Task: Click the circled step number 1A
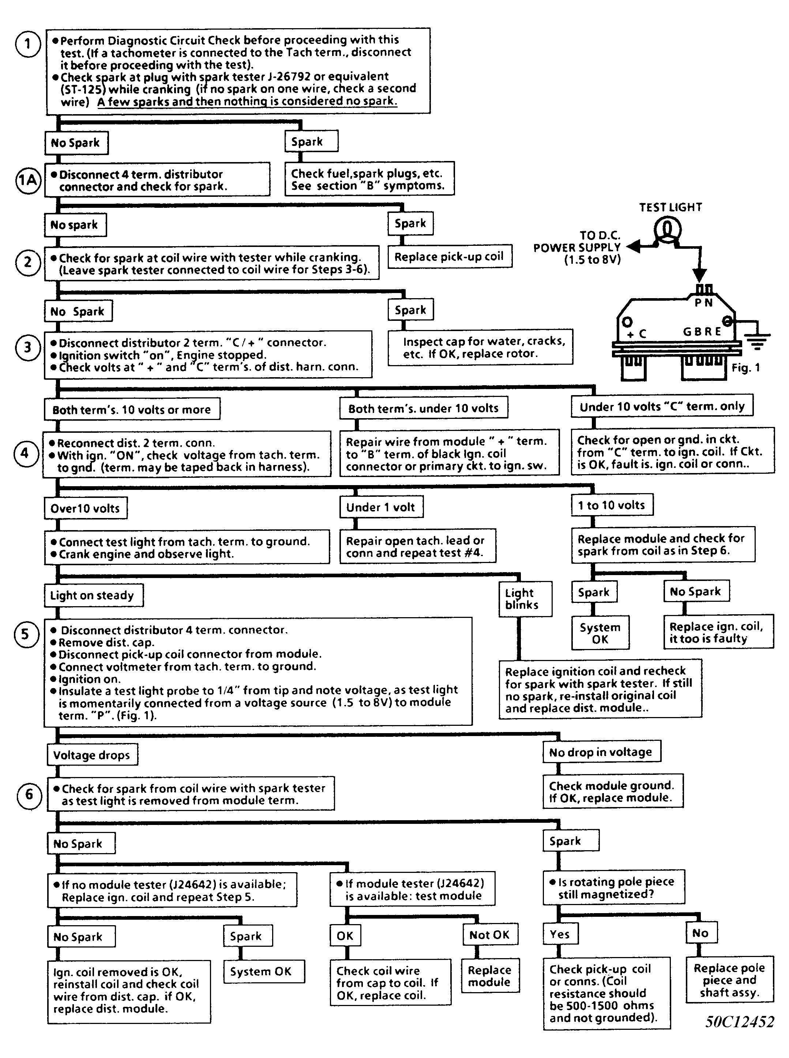(x=28, y=181)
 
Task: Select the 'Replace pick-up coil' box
(x=450, y=256)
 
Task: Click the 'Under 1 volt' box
(x=381, y=507)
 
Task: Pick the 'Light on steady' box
(x=93, y=595)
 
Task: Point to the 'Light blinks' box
(x=525, y=599)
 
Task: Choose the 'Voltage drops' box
(x=92, y=755)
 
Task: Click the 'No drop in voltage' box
(x=601, y=752)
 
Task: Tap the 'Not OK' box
(x=489, y=935)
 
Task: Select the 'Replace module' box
(x=489, y=976)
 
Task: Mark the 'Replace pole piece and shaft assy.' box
(x=729, y=980)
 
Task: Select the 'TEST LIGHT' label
(x=670, y=207)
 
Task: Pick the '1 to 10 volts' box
(x=612, y=505)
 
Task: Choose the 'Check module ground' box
(x=612, y=791)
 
